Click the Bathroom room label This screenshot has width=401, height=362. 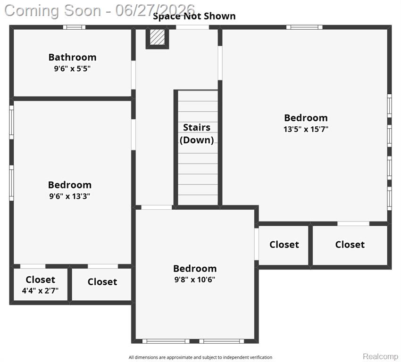point(72,57)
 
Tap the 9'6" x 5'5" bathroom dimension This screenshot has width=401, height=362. point(72,68)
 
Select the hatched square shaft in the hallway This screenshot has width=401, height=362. point(157,37)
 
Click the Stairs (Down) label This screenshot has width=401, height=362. point(197,133)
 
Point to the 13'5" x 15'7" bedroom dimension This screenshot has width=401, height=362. point(306,129)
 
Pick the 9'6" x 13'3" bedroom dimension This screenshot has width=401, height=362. point(69,196)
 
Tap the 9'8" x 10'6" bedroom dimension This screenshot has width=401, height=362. point(195,280)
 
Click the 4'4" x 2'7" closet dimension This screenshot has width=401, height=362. point(40,290)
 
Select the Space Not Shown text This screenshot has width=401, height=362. point(194,16)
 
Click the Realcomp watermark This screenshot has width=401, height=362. point(380,356)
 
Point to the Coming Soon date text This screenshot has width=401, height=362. point(100,11)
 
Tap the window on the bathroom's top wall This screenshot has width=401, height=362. point(74,27)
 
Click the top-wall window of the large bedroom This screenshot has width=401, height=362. point(304,27)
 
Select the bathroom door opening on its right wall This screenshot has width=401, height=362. point(133,75)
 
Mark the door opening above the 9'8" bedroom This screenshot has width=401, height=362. point(157,207)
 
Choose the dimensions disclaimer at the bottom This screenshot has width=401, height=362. point(200,357)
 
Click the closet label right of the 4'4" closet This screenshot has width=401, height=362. point(102,282)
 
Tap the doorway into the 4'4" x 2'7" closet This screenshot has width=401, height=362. point(33,266)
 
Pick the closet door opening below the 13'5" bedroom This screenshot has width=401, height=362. point(353,223)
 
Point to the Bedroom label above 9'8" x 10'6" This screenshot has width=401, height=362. point(195,269)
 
